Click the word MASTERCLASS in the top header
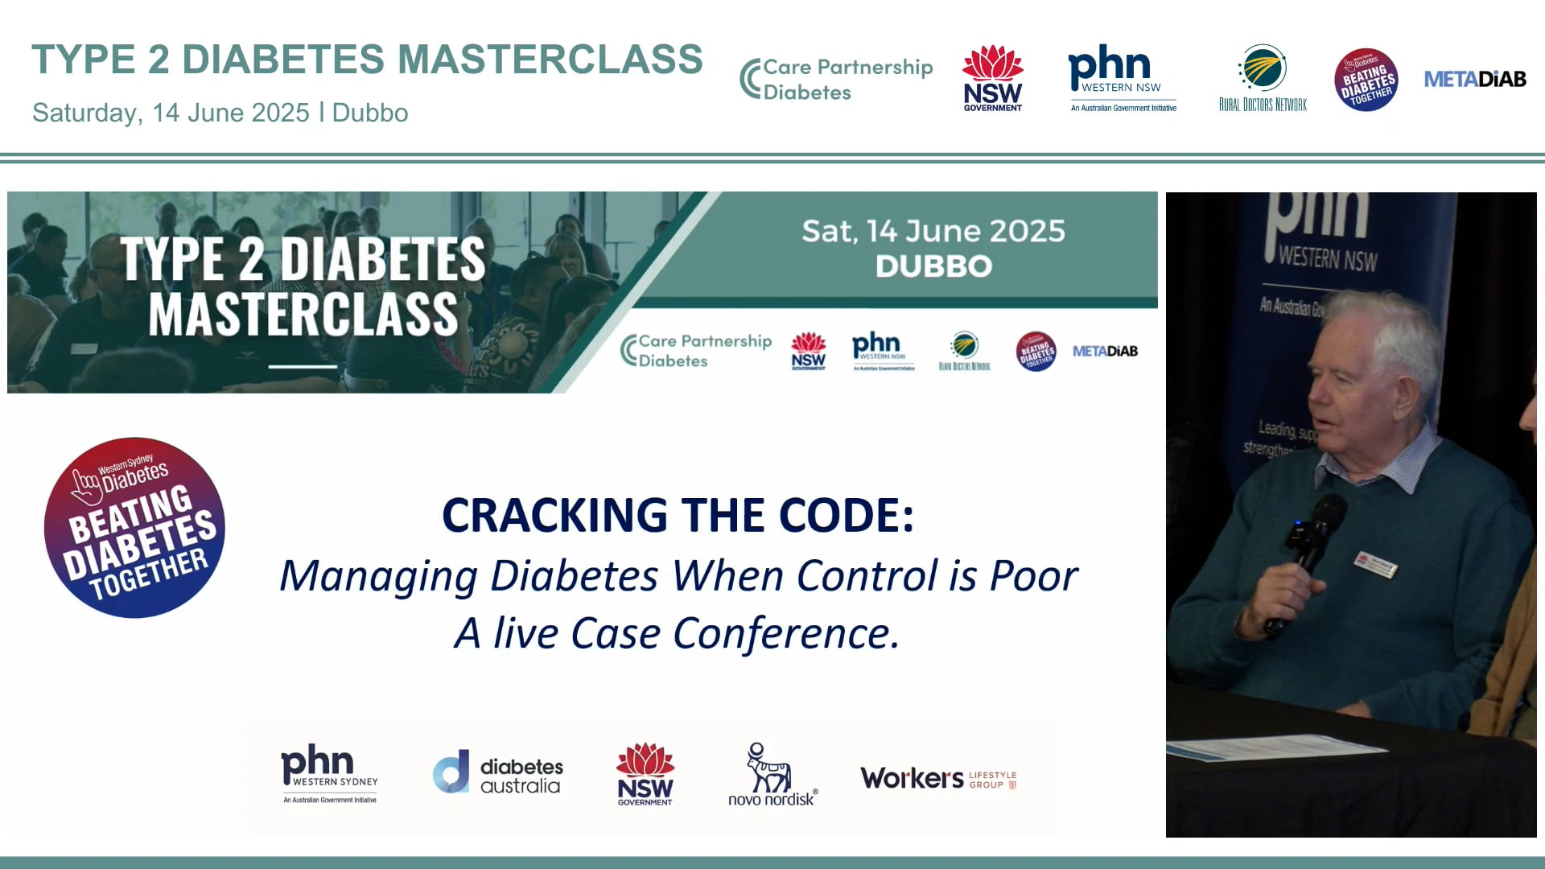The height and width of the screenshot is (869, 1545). [550, 60]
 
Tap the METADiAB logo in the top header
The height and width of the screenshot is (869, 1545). [1474, 79]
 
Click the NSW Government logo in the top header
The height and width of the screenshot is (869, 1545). [992, 78]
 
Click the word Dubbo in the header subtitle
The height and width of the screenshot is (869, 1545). [369, 113]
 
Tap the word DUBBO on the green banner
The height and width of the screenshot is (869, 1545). [933, 266]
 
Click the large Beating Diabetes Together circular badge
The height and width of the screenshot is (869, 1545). [134, 528]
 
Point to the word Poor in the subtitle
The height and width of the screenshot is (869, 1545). [1033, 576]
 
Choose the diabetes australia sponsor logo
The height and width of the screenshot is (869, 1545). [498, 774]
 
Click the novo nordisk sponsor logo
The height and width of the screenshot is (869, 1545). [772, 774]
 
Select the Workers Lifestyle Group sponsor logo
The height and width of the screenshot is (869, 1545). [938, 778]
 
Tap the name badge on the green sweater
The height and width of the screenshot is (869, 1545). [1376, 564]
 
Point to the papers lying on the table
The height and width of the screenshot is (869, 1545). [1255, 748]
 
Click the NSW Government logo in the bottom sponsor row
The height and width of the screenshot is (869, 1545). [645, 774]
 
